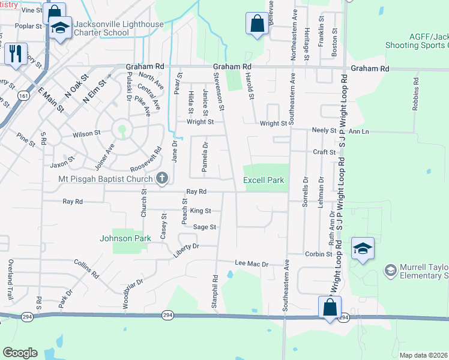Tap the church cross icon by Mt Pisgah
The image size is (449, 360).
[x=161, y=178]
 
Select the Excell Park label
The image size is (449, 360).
[x=263, y=181]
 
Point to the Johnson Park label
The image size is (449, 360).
[x=125, y=238]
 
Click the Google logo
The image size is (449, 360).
[x=20, y=353]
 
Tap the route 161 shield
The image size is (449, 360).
[x=23, y=95]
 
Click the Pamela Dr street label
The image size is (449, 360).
[x=205, y=157]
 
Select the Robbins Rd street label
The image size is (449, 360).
[x=415, y=95]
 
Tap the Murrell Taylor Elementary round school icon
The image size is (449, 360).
[x=391, y=271]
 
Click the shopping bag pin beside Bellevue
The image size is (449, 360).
[x=257, y=24]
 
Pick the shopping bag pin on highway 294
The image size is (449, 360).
[x=330, y=307]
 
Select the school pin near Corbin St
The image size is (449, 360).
[x=363, y=248]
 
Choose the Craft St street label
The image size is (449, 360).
[x=324, y=152]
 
